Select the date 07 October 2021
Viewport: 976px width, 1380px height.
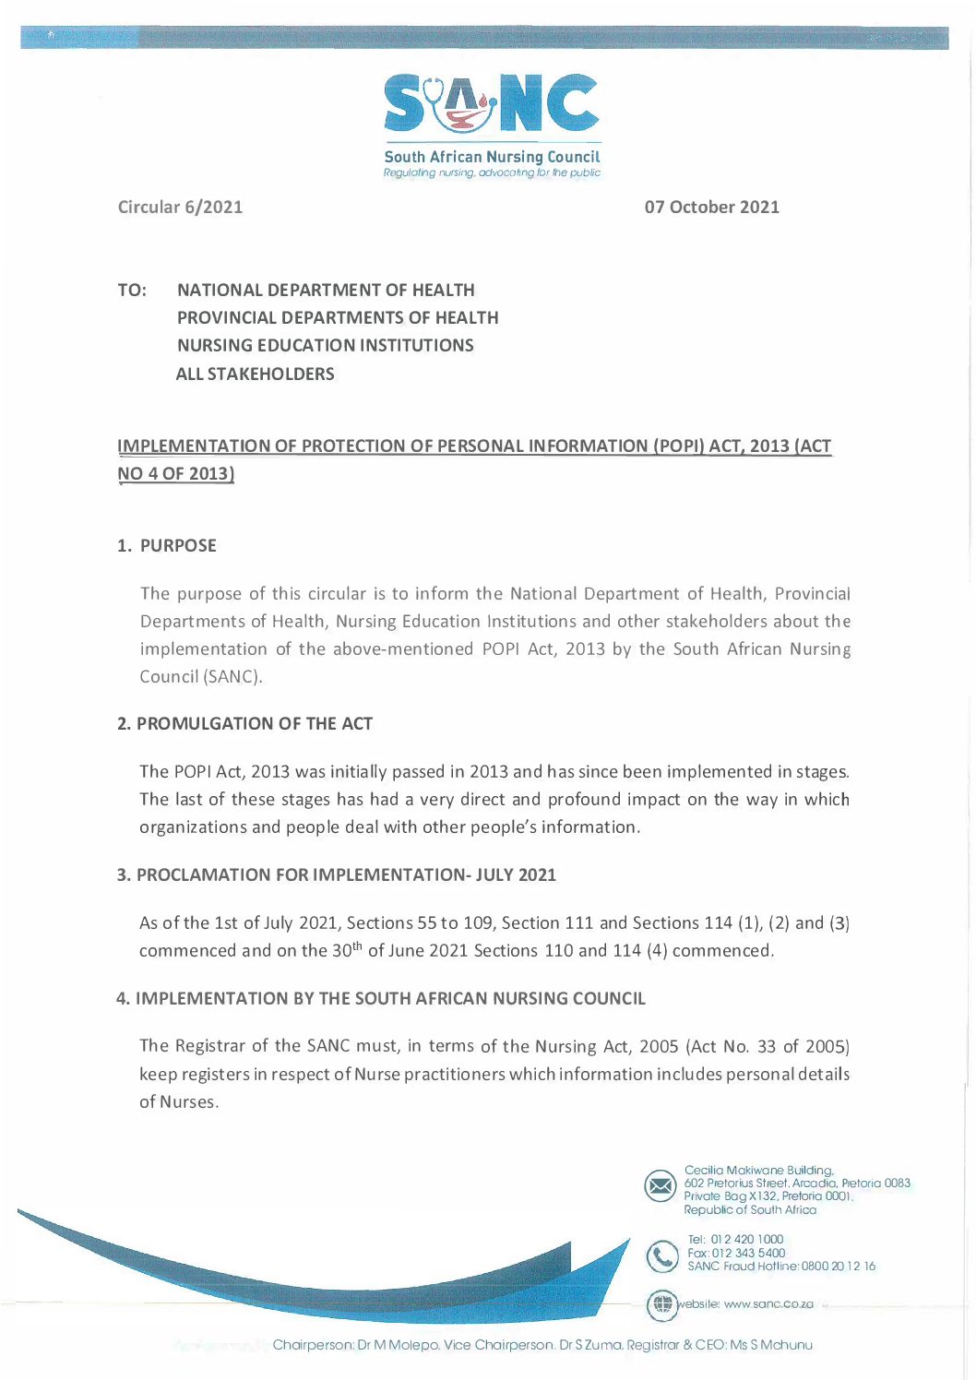click(711, 207)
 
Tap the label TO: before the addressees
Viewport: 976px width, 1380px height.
click(132, 290)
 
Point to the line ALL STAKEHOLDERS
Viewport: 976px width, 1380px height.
click(255, 374)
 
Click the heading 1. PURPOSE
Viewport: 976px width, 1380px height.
click(167, 545)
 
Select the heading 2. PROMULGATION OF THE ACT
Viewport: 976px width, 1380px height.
click(244, 723)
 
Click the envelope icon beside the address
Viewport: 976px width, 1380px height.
click(661, 1185)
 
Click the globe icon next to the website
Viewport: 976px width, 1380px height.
click(661, 1304)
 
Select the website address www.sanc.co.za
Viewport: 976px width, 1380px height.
click(768, 1304)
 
